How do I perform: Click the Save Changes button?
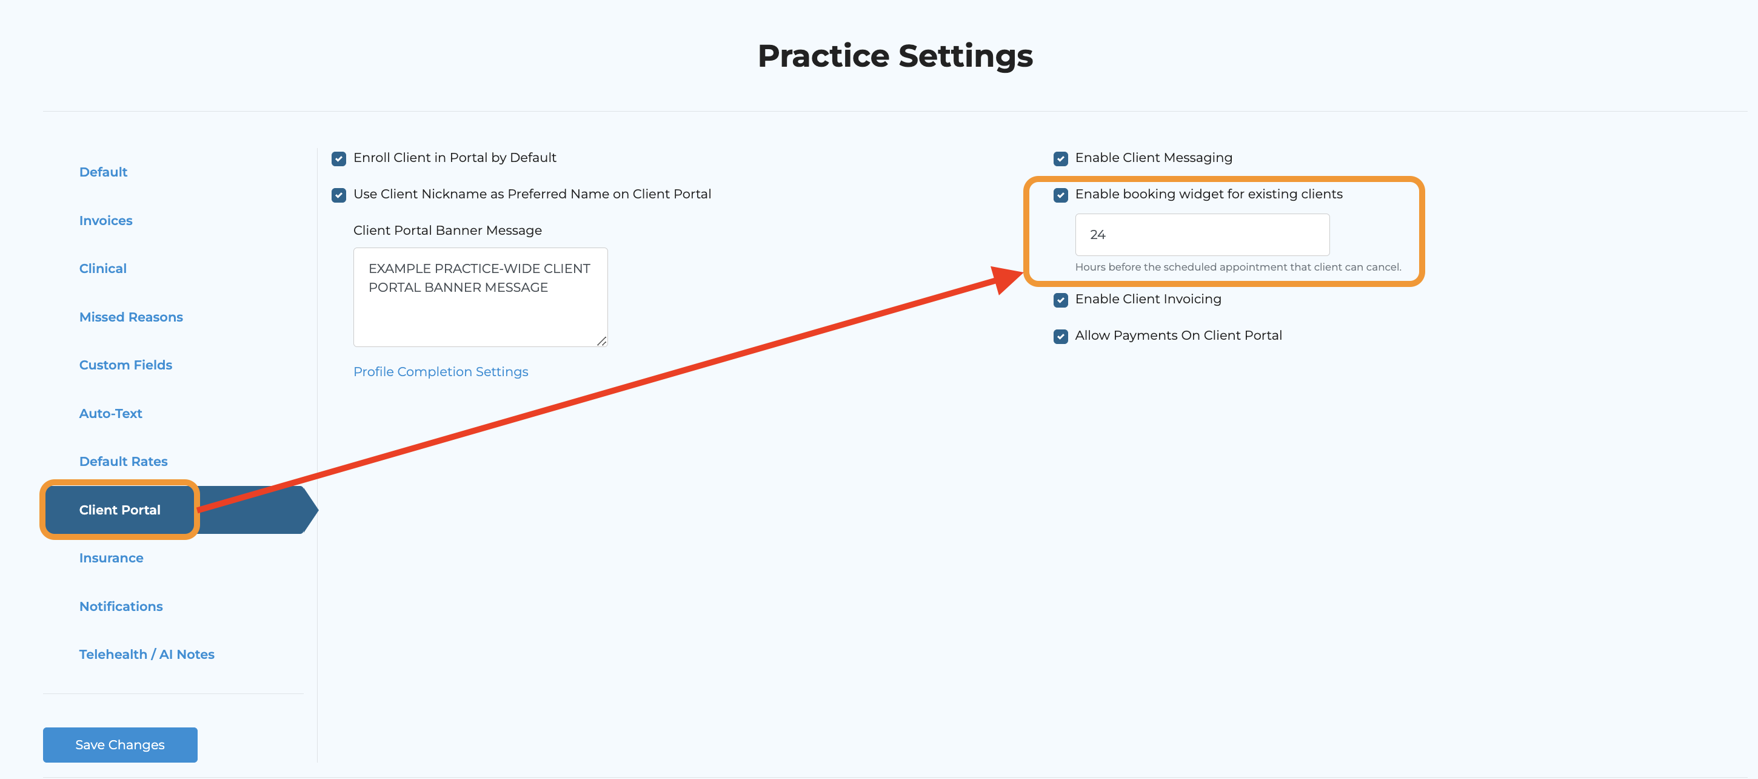coord(120,744)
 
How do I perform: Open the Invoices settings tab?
coord(105,220)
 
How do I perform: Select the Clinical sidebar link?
coord(103,268)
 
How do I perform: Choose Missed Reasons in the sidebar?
coord(131,317)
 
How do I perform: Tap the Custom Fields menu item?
coord(125,365)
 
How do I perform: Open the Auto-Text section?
coord(110,413)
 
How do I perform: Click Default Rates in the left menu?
coord(124,462)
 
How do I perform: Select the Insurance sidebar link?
coord(112,558)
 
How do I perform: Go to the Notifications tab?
coord(121,606)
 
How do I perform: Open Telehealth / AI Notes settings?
coord(147,654)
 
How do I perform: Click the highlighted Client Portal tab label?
coord(120,510)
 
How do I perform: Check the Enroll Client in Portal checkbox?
coord(338,159)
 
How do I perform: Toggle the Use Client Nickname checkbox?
coord(338,195)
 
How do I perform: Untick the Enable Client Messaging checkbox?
coord(1060,159)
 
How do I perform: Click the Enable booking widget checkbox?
coord(1060,195)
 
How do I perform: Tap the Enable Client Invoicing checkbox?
coord(1060,300)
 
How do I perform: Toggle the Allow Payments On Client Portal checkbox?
coord(1060,337)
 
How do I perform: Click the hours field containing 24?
coord(1202,235)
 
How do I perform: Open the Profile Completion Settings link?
coord(441,371)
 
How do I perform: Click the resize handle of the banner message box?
coord(601,342)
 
